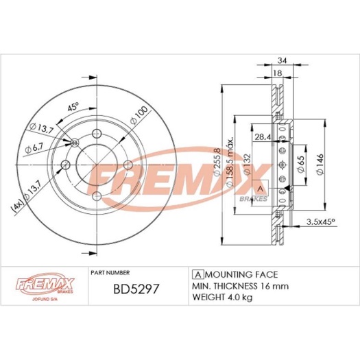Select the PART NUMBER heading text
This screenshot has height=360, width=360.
(x=110, y=272)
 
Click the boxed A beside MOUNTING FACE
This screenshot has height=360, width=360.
(x=197, y=273)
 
